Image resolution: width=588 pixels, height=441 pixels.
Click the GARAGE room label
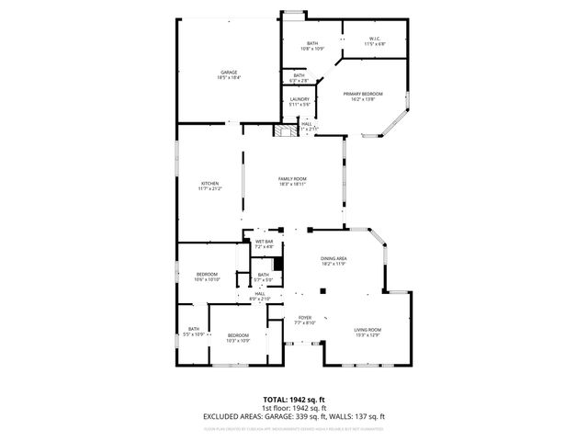click(228, 73)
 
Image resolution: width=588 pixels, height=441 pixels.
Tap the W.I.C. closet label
click(374, 39)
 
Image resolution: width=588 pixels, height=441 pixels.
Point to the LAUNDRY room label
click(299, 99)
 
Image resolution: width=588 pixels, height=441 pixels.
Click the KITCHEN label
click(210, 184)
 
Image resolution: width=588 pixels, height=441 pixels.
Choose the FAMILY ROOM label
click(292, 178)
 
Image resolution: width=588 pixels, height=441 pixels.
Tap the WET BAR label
click(264, 242)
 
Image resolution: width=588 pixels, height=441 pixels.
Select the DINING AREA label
click(333, 259)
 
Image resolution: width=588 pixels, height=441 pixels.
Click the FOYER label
click(305, 318)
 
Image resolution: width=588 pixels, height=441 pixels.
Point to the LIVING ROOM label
click(367, 330)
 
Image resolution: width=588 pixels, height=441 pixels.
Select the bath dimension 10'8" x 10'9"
click(312, 49)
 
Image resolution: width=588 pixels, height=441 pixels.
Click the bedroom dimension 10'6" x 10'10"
click(207, 279)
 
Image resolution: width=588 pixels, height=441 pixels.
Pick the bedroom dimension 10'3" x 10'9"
click(238, 341)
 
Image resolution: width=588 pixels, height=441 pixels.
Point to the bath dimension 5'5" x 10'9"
click(194, 334)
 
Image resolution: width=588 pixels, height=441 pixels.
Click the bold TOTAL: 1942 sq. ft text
click(293, 401)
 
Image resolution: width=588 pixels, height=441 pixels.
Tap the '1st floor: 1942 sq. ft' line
click(293, 408)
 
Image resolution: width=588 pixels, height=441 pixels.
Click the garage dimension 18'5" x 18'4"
click(228, 78)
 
